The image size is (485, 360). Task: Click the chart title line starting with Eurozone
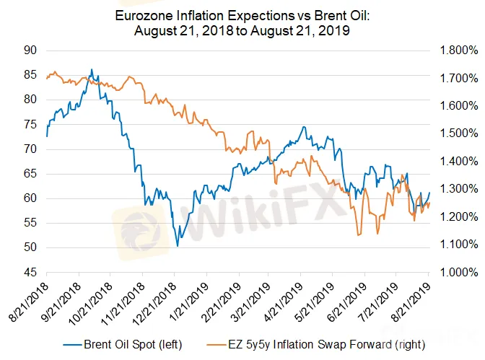point(242,15)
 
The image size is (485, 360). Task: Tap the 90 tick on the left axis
point(30,51)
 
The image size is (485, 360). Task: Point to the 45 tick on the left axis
point(30,273)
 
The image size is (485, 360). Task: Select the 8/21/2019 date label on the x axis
point(414,296)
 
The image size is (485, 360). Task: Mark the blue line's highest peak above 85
point(91,70)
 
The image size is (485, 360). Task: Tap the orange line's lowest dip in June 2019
point(359,234)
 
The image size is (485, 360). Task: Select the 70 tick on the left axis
point(30,149)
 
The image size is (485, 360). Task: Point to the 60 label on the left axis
point(30,198)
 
